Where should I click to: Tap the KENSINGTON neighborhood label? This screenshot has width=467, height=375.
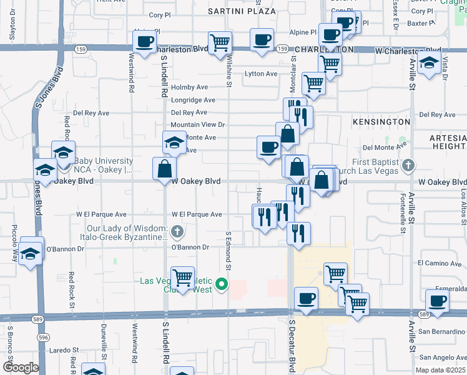click(x=381, y=121)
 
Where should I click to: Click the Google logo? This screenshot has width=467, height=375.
click(x=21, y=367)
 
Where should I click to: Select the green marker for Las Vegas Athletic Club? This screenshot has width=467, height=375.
click(x=221, y=286)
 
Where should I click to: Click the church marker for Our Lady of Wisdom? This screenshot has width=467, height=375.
click(x=177, y=232)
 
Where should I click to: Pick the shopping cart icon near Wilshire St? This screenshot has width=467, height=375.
click(x=220, y=43)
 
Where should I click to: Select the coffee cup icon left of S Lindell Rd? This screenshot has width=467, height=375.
click(x=145, y=42)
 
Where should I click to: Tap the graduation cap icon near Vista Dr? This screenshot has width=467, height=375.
click(x=429, y=62)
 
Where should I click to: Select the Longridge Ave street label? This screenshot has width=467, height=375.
click(x=193, y=100)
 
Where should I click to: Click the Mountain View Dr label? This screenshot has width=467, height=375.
click(x=197, y=125)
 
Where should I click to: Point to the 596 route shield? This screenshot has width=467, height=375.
click(x=42, y=337)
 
